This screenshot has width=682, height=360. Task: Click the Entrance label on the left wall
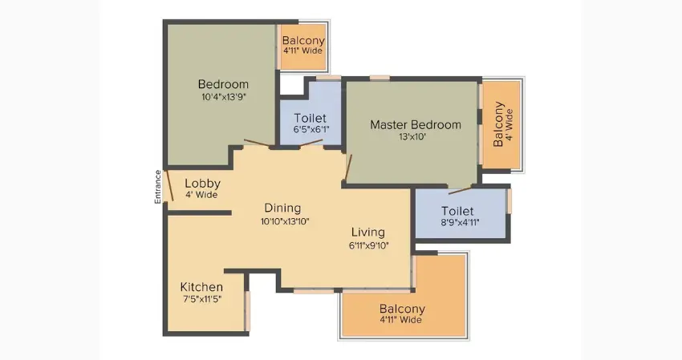[158, 186]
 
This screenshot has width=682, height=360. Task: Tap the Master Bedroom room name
[415, 124]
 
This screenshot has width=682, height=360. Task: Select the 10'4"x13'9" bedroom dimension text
[223, 98]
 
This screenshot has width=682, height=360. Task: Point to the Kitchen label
[201, 287]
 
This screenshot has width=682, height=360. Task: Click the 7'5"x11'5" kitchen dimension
[201, 300]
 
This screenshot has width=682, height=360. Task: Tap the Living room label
[368, 233]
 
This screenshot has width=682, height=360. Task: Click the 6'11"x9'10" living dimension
[368, 246]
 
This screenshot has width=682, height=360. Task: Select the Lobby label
[202, 183]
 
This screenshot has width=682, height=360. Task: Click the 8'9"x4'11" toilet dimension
[460, 223]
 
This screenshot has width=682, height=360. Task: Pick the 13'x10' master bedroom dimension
[415, 137]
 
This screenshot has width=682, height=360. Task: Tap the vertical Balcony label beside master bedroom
[499, 124]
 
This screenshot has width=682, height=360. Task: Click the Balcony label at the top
[303, 40]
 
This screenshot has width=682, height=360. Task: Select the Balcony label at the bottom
[402, 309]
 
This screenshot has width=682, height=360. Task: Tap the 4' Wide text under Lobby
[202, 195]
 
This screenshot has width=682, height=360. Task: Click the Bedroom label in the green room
[223, 84]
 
